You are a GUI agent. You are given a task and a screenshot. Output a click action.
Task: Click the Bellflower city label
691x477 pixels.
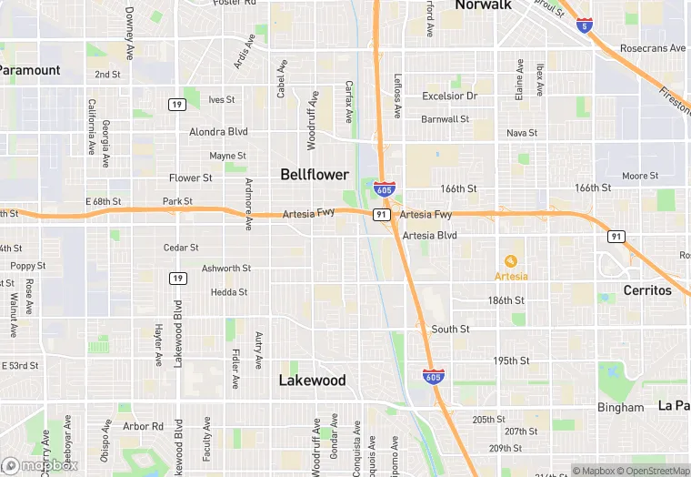pos(315,174)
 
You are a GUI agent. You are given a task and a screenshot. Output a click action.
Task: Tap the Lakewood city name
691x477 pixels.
pos(312,381)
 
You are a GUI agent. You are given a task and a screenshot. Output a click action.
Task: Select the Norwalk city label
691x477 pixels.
pos(483,5)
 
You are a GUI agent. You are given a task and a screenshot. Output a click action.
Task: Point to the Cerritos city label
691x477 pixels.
pos(647,290)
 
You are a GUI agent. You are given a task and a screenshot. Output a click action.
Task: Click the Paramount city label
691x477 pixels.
pos(29,70)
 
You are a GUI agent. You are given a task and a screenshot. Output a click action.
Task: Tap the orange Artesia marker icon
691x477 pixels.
pos(510,261)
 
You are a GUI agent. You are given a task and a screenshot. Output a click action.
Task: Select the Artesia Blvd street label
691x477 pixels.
pos(429,235)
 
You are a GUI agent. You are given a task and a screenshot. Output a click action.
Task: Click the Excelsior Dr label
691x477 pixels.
pos(450,96)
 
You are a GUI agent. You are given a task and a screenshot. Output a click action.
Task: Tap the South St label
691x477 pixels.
pos(450,330)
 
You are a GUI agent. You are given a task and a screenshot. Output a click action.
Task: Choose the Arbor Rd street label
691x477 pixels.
pos(143,426)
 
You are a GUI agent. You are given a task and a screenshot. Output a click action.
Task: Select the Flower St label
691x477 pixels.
pos(191,178)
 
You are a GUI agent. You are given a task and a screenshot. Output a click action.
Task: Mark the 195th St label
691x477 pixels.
pos(512,360)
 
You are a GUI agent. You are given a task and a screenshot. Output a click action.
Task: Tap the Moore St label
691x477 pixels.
pos(640,176)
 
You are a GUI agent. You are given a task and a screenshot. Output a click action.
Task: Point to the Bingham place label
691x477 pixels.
pos(619,407)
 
